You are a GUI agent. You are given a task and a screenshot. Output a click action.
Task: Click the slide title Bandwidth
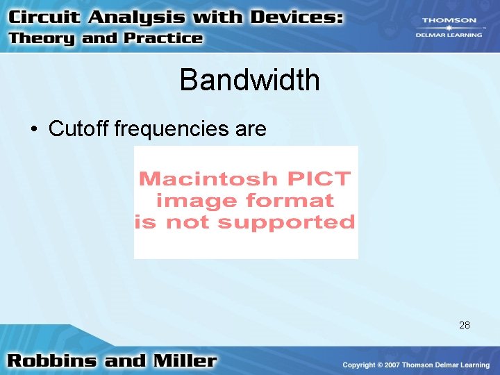pos(249,81)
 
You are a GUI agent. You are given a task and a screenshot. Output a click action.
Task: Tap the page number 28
pos(465,324)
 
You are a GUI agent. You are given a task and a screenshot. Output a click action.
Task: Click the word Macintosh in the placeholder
pos(198,178)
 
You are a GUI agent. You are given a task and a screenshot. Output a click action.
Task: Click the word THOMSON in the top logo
pos(449,21)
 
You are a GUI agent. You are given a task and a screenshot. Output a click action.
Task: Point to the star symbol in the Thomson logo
pos(449,28)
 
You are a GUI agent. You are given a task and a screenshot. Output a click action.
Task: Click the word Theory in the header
pos(42,38)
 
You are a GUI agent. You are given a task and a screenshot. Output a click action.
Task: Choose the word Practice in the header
pos(163,38)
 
